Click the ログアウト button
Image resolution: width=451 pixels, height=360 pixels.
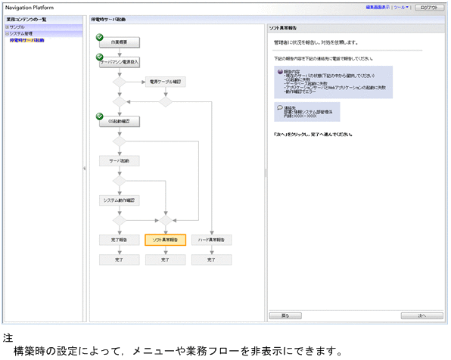click(x=428, y=7)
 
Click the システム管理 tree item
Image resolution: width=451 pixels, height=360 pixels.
click(x=20, y=33)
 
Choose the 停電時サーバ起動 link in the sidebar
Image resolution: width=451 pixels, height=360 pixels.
click(x=26, y=40)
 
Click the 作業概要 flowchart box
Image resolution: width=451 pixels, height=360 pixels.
click(x=119, y=42)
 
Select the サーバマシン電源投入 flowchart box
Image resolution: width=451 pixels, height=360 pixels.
click(x=120, y=62)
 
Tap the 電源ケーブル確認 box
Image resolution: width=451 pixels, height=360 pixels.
click(x=165, y=82)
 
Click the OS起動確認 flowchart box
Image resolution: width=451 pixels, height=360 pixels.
click(x=119, y=121)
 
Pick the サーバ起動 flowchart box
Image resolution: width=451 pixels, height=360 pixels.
click(x=119, y=161)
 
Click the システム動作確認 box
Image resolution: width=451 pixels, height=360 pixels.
click(x=119, y=200)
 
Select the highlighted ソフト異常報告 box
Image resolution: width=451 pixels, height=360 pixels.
click(x=165, y=240)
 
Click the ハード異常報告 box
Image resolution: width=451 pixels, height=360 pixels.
click(x=211, y=240)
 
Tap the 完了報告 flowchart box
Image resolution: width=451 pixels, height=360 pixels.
click(x=119, y=240)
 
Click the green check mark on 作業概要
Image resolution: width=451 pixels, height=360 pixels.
click(x=100, y=36)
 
